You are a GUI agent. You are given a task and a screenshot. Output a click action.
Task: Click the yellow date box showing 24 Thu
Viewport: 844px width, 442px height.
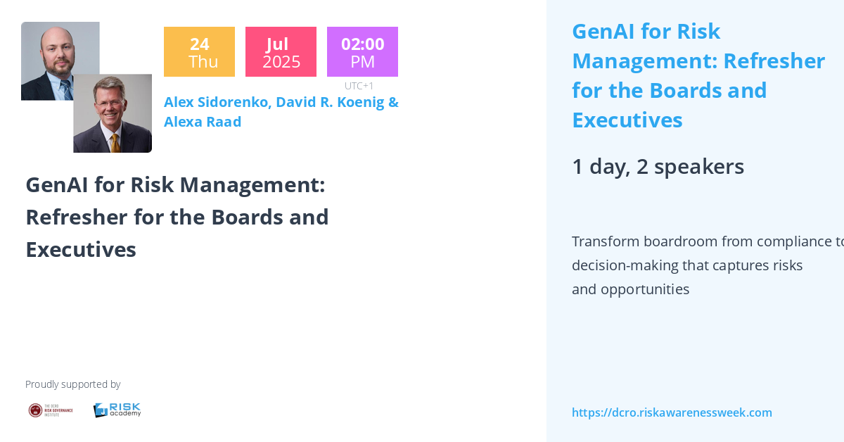199,52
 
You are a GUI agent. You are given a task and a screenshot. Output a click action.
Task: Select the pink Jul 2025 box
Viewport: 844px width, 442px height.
281,52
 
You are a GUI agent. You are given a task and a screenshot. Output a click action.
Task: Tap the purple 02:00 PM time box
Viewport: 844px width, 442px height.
362,52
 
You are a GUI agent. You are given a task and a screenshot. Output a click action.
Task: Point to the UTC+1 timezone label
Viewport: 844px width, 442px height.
359,86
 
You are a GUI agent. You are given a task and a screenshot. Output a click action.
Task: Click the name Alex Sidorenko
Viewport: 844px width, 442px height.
216,102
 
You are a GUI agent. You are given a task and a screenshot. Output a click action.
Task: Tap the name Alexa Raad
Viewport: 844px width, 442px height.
203,122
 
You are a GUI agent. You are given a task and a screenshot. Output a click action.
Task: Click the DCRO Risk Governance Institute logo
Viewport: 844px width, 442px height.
50,410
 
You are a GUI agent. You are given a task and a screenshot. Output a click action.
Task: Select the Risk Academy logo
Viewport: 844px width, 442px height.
117,410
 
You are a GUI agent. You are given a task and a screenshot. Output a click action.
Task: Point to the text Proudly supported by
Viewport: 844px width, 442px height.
72,384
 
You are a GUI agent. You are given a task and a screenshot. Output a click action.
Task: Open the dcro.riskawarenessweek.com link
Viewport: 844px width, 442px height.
672,412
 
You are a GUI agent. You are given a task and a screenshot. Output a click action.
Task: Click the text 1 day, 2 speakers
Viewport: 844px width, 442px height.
658,167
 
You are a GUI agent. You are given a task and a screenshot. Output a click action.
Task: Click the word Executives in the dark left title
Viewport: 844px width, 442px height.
81,249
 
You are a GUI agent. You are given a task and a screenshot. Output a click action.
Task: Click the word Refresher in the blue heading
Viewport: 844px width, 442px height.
774,61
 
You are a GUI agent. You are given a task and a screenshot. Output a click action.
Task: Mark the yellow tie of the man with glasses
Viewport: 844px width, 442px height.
115,141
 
